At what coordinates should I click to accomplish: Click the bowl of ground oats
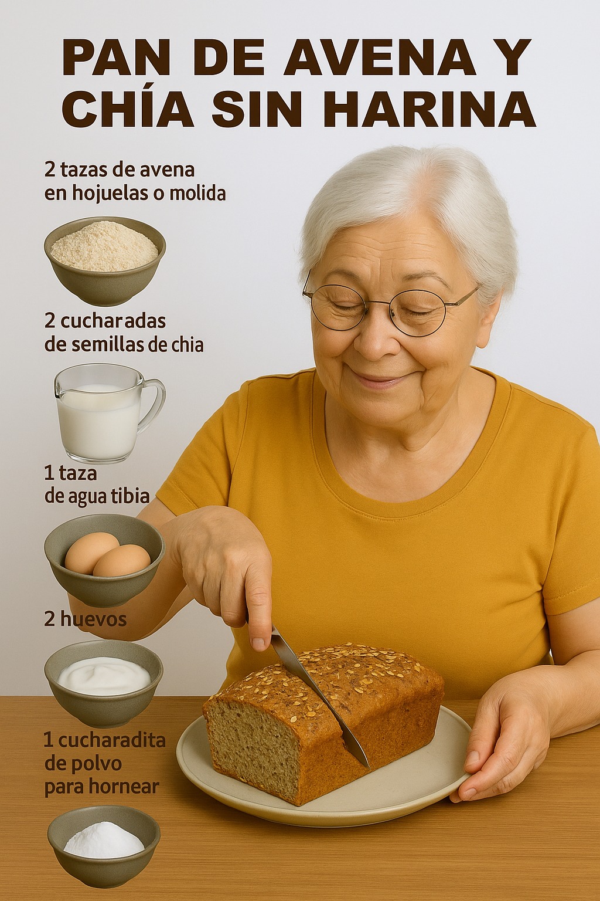click(105, 261)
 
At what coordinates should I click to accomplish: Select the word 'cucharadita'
click(111, 741)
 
